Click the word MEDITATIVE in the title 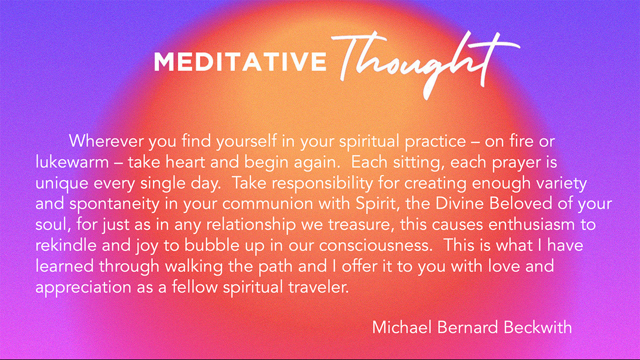click(240, 61)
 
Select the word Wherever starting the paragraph click(106, 141)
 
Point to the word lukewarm click(72, 162)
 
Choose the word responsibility click(321, 183)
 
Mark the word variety click(561, 183)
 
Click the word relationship click(251, 225)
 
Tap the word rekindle click(66, 245)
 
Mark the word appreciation click(83, 288)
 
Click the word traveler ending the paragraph click(318, 287)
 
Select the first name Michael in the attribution click(402, 327)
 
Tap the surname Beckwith click(537, 327)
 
